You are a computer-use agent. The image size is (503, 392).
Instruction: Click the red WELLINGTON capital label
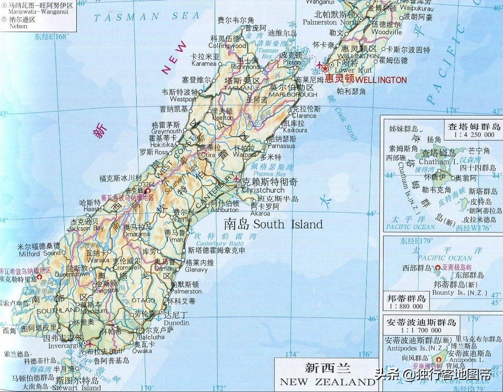pyautogui.click(x=381, y=80)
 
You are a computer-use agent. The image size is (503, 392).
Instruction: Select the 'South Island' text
pyautogui.click(x=288, y=225)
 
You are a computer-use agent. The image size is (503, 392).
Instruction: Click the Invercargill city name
pyautogui.click(x=63, y=347)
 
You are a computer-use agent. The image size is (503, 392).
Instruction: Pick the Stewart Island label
pyautogui.click(x=77, y=388)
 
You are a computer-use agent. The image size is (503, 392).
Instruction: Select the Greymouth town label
pyautogui.click(x=166, y=132)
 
